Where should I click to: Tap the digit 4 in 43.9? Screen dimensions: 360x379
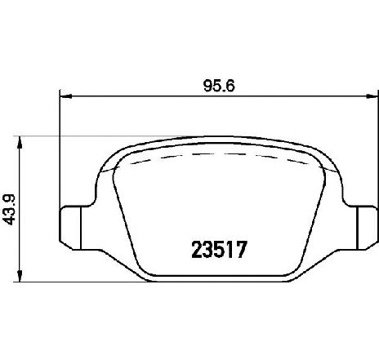10,218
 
